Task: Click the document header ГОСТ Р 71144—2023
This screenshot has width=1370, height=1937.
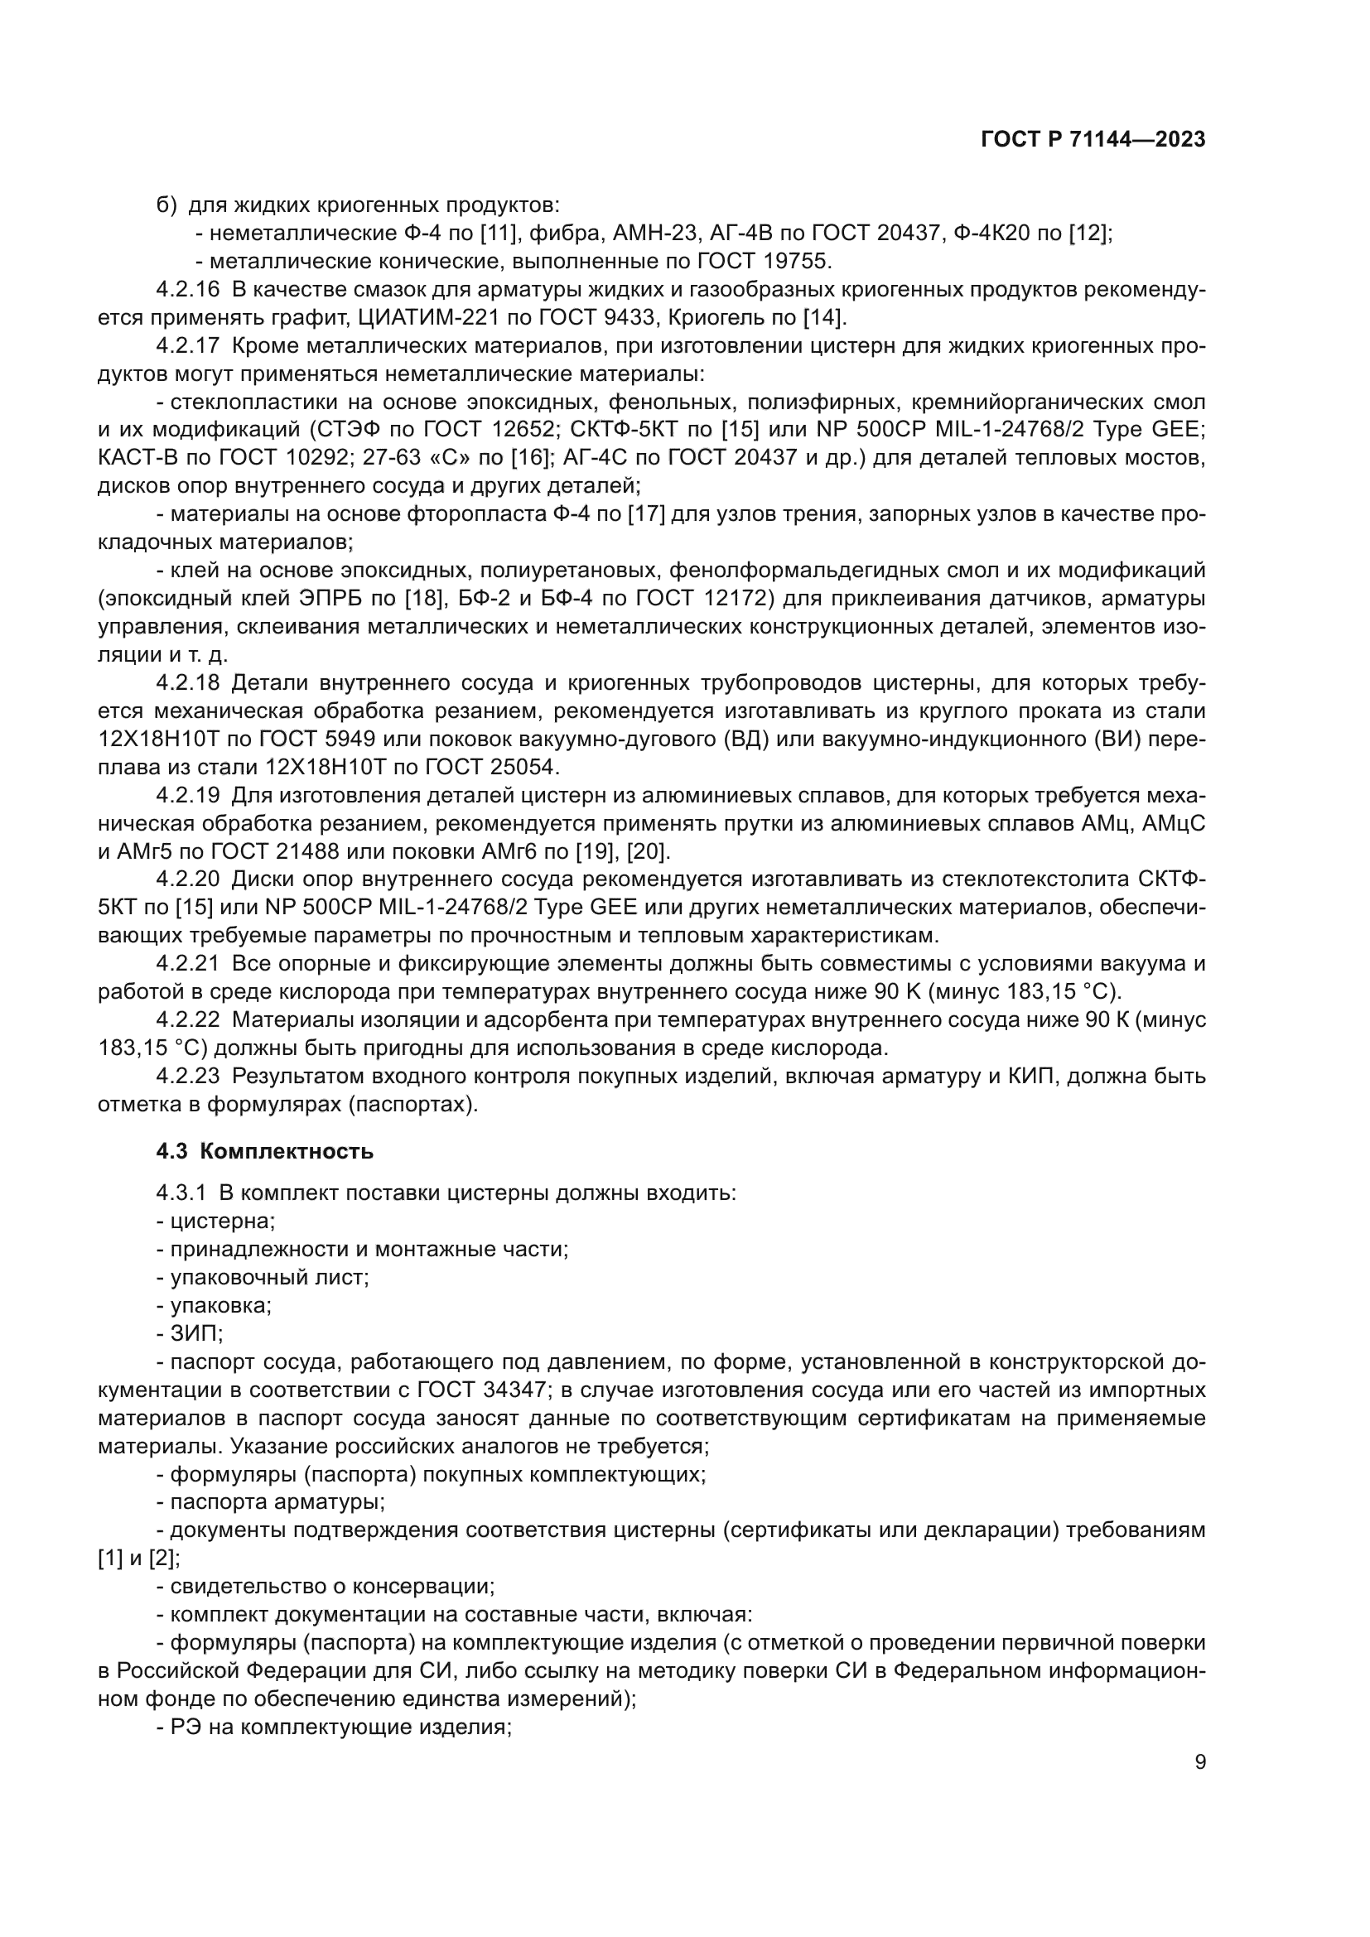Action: pos(1093,140)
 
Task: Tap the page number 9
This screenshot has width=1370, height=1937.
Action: pos(1199,1762)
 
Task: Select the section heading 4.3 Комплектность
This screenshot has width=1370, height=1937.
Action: pos(265,1152)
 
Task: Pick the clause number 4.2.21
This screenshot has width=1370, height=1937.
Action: pos(187,963)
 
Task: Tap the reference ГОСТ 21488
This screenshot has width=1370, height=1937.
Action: pos(271,851)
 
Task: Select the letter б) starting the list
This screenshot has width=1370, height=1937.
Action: pos(166,205)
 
